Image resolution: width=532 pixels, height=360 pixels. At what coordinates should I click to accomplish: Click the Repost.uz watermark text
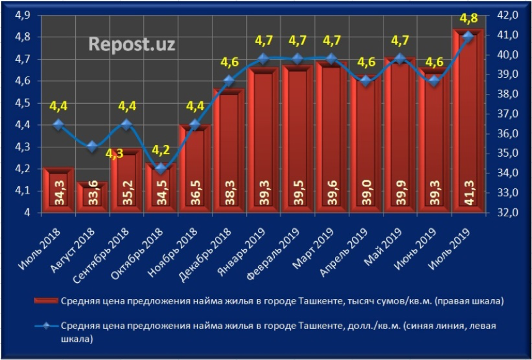131,44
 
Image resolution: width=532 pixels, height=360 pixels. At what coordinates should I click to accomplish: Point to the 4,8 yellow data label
468,18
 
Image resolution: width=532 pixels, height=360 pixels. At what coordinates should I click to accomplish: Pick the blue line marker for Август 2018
92,147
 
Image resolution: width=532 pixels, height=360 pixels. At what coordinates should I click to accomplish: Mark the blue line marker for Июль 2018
58,124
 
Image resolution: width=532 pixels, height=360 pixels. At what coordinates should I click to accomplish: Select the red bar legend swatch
47,302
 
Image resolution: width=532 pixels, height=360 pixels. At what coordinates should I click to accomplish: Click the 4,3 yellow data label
114,154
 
